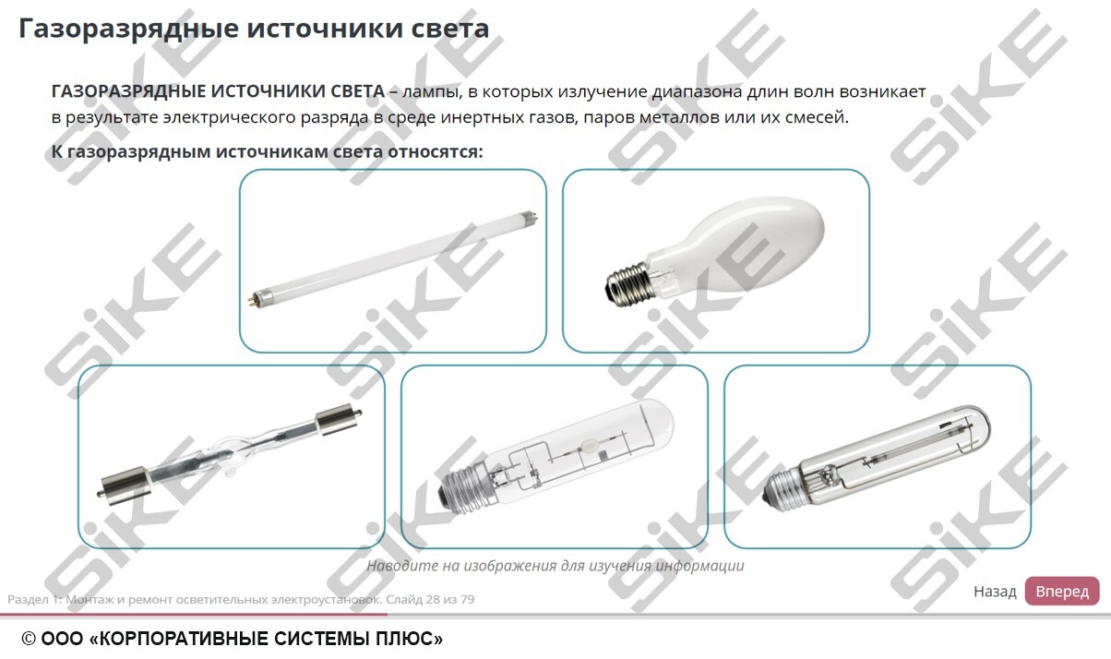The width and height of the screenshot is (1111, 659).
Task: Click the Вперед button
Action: (1061, 591)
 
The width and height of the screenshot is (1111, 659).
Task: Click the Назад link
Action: (995, 592)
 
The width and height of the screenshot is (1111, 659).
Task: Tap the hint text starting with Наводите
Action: (555, 566)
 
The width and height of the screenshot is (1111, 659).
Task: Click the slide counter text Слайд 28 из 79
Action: (430, 599)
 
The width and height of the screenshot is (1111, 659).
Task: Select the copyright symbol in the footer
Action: (30, 639)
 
